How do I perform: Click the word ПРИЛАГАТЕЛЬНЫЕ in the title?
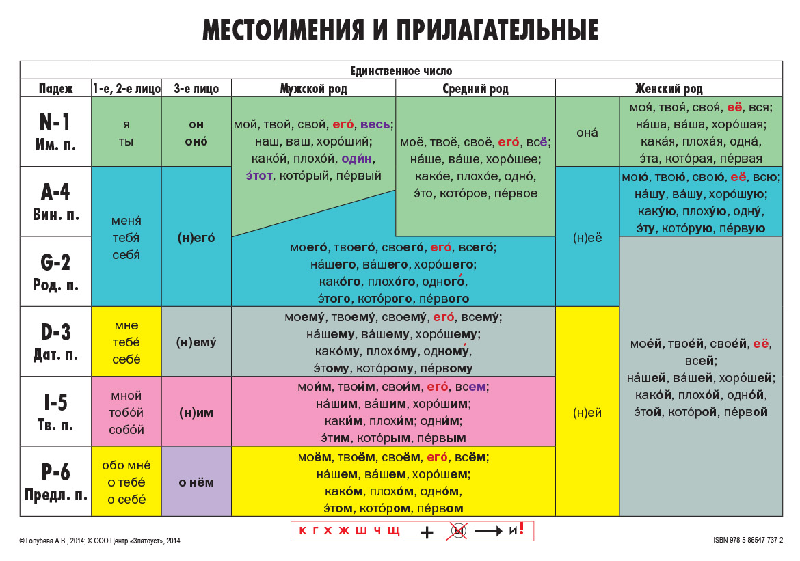tap(497, 30)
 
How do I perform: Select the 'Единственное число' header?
tap(401, 71)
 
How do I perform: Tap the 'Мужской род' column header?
tap(313, 89)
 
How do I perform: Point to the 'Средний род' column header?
tap(475, 89)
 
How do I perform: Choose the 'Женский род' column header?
tap(669, 89)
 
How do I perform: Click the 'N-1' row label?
tap(55, 122)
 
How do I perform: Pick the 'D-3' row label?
tap(55, 333)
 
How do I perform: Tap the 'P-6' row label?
tap(55, 472)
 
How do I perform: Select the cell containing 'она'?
tap(587, 132)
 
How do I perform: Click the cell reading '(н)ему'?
tap(196, 341)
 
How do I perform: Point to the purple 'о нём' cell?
tap(196, 482)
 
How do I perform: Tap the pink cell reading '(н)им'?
tap(196, 411)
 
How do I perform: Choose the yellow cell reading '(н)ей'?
tap(587, 411)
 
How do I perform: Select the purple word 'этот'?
tap(259, 176)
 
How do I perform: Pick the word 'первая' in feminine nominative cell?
tap(742, 159)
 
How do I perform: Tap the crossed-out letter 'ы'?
tap(458, 531)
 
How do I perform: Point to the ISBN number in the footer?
tap(748, 540)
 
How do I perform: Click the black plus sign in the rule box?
tap(427, 532)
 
